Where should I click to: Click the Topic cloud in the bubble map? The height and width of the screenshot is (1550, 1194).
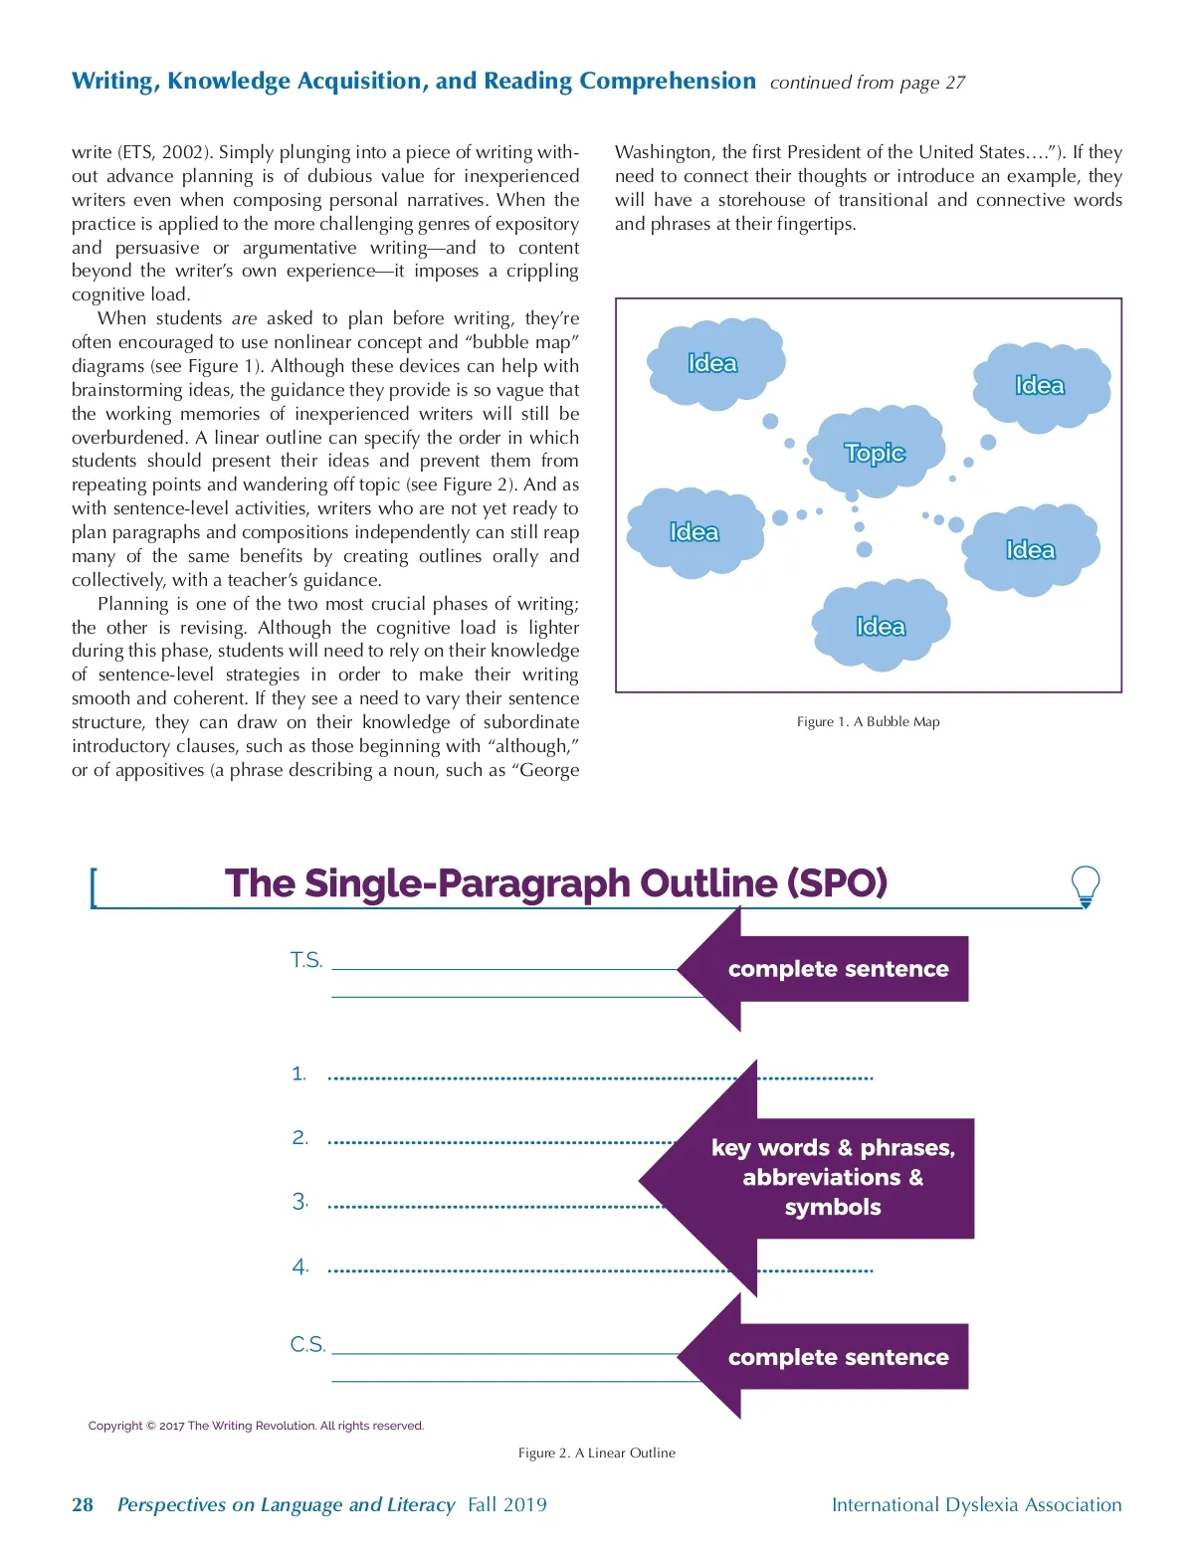click(876, 453)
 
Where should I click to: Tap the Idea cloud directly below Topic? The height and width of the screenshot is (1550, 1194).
click(881, 626)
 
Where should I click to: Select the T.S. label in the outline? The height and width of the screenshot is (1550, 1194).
click(306, 960)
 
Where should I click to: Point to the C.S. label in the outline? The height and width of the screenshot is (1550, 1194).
click(307, 1345)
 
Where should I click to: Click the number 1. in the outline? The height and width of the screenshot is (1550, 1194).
click(298, 1073)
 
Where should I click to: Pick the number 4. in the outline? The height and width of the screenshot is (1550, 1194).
click(300, 1266)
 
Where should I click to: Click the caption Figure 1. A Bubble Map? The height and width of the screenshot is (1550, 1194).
click(868, 721)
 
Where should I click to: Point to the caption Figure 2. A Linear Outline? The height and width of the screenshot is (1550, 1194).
click(596, 1453)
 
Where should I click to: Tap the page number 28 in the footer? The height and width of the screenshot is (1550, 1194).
click(83, 1504)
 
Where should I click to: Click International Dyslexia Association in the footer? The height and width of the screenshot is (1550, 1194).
click(976, 1504)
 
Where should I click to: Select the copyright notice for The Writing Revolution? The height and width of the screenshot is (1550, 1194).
click(256, 1426)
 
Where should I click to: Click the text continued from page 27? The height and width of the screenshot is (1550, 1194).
click(867, 83)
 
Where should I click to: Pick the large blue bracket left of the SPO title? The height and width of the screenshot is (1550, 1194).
click(94, 887)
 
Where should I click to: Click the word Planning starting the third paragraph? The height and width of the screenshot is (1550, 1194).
click(132, 604)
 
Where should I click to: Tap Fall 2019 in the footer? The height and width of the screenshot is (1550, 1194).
click(507, 1504)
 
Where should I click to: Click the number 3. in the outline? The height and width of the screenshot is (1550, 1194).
click(300, 1202)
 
